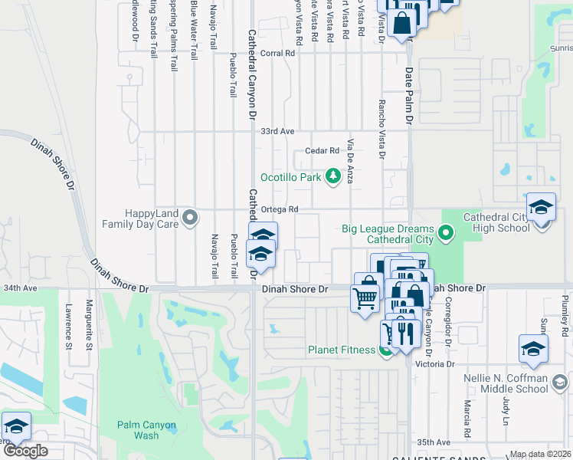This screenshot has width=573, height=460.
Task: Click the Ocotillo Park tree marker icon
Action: pyautogui.click(x=333, y=177)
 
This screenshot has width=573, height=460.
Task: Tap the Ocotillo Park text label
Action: pyautogui.click(x=290, y=177)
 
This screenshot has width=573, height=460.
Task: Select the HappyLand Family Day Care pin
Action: pyautogui.click(x=193, y=219)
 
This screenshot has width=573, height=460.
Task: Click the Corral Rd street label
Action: pyautogui.click(x=277, y=54)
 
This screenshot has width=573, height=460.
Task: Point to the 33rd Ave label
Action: pyautogui.click(x=277, y=132)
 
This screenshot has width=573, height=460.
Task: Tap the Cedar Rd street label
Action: pyautogui.click(x=322, y=151)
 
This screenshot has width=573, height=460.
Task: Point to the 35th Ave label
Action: pyautogui.click(x=434, y=442)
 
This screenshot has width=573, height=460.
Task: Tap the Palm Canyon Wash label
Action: pyautogui.click(x=146, y=430)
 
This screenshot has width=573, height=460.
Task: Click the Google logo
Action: pyautogui.click(x=25, y=451)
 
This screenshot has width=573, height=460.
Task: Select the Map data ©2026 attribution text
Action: pyautogui.click(x=539, y=454)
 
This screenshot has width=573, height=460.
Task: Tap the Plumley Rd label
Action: pyautogui.click(x=565, y=311)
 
